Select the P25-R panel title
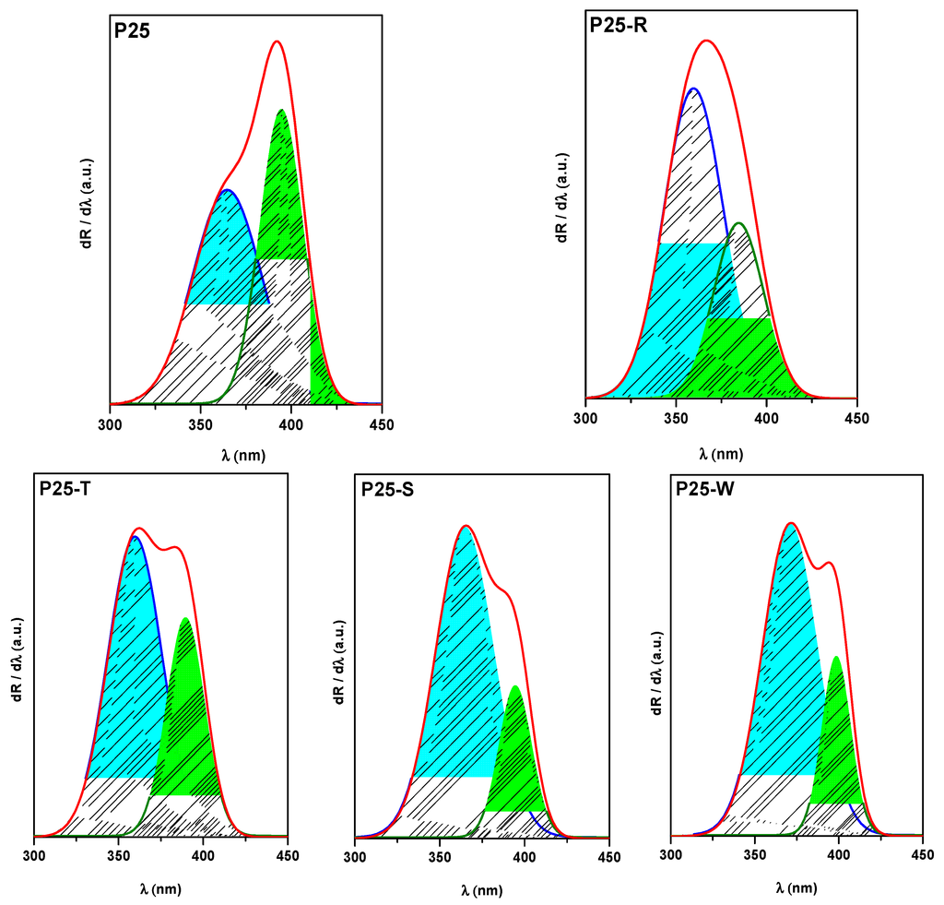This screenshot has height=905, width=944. [x=618, y=25]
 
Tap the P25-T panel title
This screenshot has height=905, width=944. [x=64, y=488]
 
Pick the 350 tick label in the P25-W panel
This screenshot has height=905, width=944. [x=755, y=853]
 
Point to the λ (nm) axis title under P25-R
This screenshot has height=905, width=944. [x=721, y=453]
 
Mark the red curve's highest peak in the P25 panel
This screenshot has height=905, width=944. [x=276, y=42]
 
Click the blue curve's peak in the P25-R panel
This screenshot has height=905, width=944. [x=693, y=89]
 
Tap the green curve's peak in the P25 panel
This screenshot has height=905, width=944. [x=281, y=110]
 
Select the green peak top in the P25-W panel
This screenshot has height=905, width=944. [x=836, y=657]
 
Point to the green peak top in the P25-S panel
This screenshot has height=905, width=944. [x=514, y=686]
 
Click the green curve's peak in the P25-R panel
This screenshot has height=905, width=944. [x=738, y=222]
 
